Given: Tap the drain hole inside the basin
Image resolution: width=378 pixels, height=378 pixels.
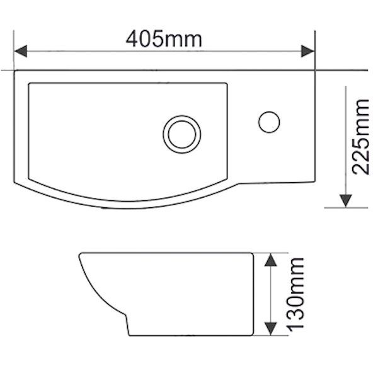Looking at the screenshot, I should pos(183,133).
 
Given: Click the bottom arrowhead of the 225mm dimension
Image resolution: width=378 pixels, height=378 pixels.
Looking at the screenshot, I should pos(346,200).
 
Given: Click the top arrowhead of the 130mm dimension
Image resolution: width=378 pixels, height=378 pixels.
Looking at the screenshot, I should pos(270,260).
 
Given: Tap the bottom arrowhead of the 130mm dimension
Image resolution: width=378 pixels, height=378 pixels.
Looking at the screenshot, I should pos(270,327).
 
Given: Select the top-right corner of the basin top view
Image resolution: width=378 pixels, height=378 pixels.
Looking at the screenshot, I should pos(315,71).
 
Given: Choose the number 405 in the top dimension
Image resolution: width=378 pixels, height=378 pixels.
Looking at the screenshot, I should pos(146,39).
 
